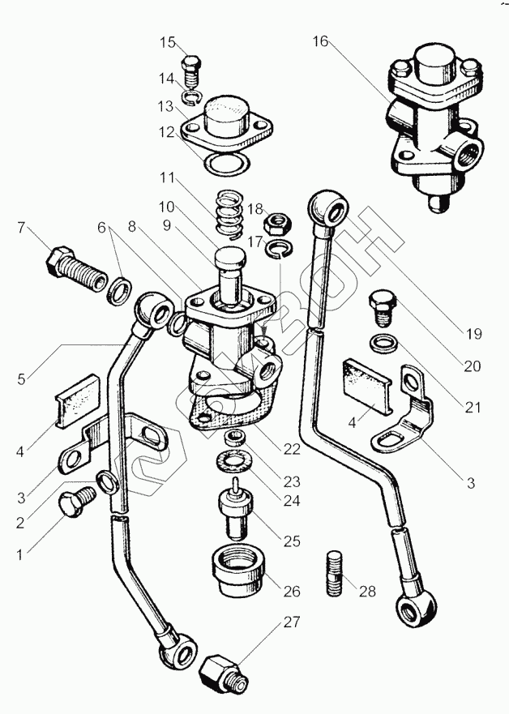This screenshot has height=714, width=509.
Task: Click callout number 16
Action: (321, 41)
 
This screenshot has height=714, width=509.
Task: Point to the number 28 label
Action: (368, 591)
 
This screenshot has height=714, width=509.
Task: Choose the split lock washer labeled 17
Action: (280, 247)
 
